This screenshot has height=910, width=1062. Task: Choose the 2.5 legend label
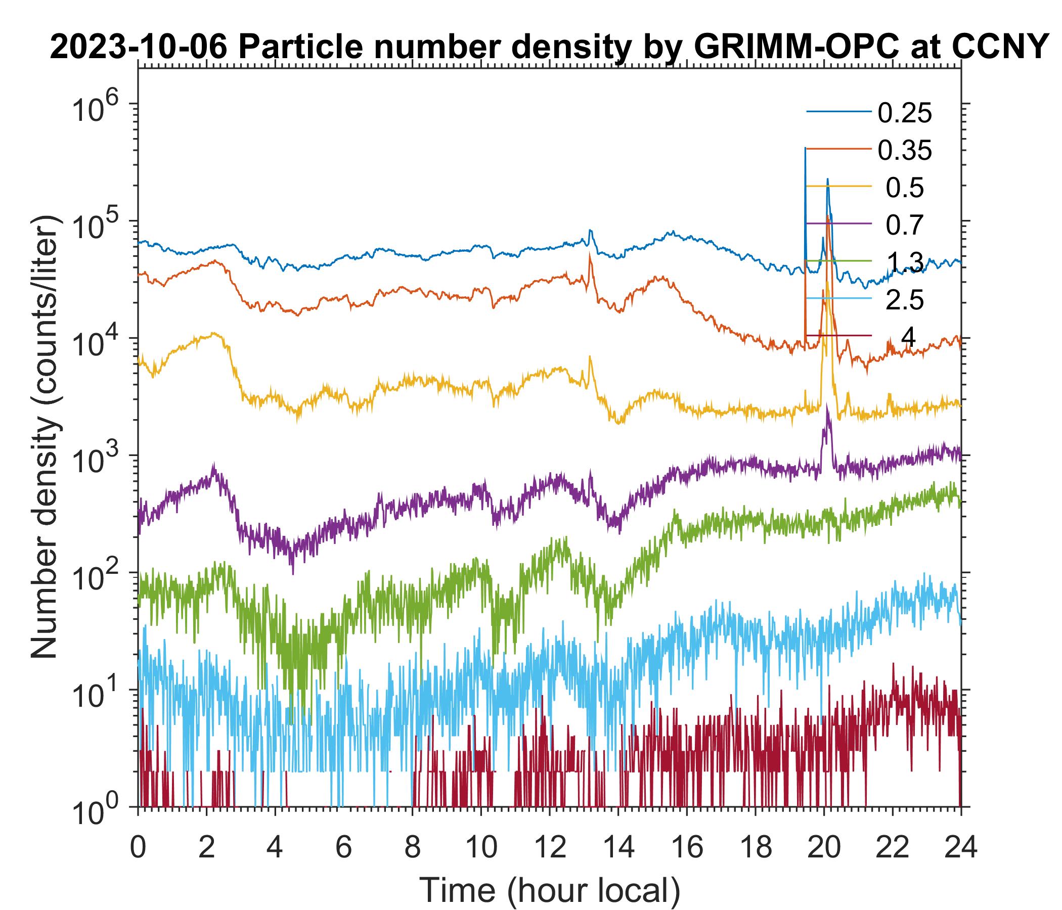pyautogui.click(x=905, y=300)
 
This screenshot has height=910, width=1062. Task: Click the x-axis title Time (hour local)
pyautogui.click(x=550, y=890)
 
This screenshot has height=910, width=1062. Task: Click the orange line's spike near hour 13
pyautogui.click(x=590, y=255)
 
